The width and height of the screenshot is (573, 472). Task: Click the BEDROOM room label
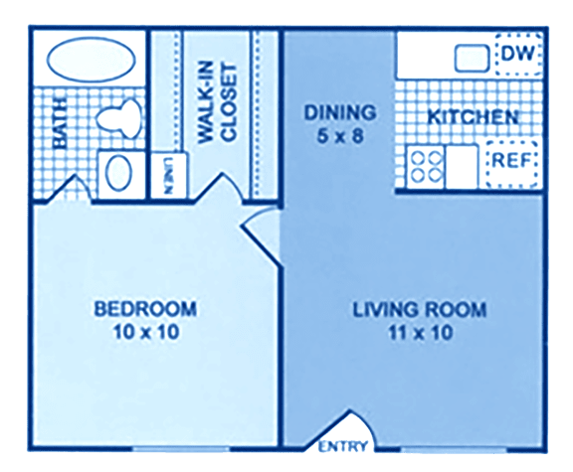click(x=145, y=309)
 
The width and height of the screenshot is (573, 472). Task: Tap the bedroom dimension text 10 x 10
click(x=146, y=332)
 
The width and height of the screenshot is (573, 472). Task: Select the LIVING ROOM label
click(x=420, y=310)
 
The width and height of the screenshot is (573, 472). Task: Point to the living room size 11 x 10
click(x=420, y=333)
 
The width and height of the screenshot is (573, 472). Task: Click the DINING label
click(x=340, y=112)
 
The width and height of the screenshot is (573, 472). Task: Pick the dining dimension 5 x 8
click(x=340, y=136)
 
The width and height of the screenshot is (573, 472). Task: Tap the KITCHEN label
click(x=474, y=117)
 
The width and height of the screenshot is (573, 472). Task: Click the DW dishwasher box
click(x=518, y=54)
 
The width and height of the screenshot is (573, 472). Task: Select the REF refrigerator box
click(x=511, y=164)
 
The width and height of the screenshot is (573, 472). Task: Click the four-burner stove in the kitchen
click(x=426, y=167)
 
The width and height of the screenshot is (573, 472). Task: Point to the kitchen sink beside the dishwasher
click(x=472, y=59)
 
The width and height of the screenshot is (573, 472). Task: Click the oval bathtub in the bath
click(x=91, y=60)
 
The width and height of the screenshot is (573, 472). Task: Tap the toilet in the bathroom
click(x=119, y=116)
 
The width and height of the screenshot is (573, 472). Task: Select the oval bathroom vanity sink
click(x=118, y=173)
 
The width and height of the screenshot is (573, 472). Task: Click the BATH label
click(x=60, y=122)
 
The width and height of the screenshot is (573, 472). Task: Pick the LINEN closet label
click(x=168, y=176)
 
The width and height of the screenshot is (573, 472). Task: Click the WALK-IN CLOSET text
click(x=216, y=103)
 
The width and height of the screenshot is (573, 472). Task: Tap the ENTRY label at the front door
click(x=342, y=446)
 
